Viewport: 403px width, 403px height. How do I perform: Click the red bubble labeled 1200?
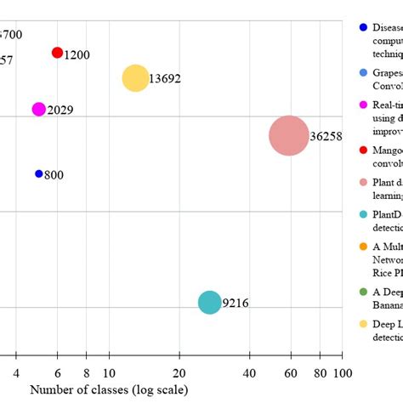click(57, 53)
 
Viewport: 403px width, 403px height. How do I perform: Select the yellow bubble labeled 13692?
click(134, 78)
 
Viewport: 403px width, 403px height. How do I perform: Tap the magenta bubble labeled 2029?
click(38, 109)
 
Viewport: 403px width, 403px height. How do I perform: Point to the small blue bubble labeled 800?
click(38, 173)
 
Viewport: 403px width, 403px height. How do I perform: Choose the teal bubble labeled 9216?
click(209, 302)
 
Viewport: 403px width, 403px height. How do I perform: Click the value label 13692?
click(165, 79)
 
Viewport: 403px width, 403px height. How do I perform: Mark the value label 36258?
click(326, 136)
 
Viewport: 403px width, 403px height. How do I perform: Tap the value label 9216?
click(236, 303)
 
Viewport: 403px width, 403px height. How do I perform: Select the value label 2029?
click(60, 110)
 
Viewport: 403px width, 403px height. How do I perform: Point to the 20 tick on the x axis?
click(179, 373)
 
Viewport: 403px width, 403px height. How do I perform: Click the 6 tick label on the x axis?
click(57, 373)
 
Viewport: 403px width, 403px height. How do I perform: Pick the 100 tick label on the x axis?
click(343, 373)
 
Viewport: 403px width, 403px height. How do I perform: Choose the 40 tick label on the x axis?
click(249, 373)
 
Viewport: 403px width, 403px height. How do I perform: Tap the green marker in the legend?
click(364, 292)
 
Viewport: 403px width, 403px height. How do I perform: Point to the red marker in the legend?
click(364, 150)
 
